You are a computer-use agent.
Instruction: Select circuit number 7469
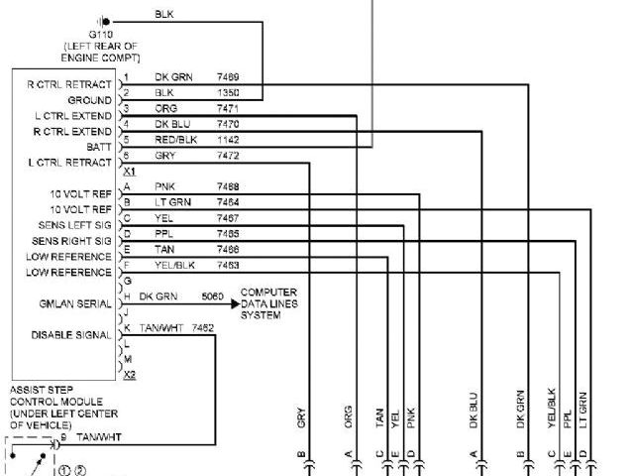point(228,76)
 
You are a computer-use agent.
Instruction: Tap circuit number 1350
point(228,92)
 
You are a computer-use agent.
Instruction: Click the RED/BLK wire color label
point(176,140)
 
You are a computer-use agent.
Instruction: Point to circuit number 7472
point(228,156)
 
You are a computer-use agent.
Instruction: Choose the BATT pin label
point(99,146)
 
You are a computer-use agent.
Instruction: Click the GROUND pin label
point(89,100)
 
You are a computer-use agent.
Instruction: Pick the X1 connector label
point(128,171)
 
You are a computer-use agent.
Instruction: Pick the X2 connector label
point(128,374)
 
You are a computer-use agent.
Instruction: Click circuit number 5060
point(212,296)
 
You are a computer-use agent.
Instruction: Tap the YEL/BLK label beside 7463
point(176,265)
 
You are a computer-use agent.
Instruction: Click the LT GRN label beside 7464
point(172,201)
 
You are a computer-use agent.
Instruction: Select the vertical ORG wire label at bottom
point(348,416)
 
